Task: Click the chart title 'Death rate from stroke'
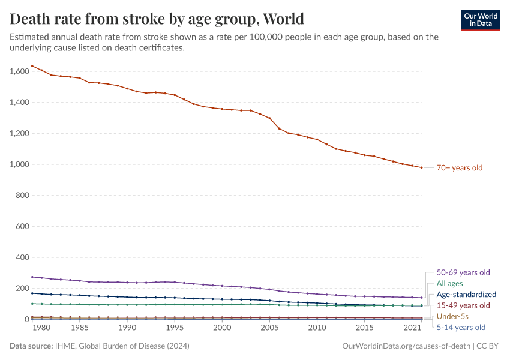click(157, 19)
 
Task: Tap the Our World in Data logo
click(480, 20)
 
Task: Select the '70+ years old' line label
click(460, 168)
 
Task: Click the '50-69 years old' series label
click(463, 272)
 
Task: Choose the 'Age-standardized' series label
click(466, 295)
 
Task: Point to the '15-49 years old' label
click(463, 305)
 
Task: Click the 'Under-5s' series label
click(452, 316)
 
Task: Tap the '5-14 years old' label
click(461, 328)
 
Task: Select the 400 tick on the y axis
click(22, 257)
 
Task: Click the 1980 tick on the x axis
click(41, 328)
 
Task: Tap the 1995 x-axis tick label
click(175, 328)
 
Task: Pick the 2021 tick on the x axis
click(412, 328)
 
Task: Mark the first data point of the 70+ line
click(32, 66)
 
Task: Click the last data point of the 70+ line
click(421, 167)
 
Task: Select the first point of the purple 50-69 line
click(32, 277)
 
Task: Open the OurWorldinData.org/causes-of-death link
click(406, 346)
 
